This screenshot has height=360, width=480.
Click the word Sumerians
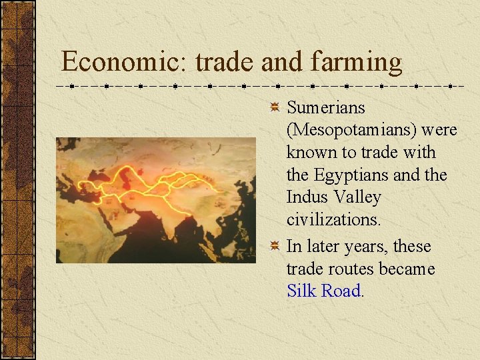[x=326, y=107]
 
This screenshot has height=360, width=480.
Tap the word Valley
[x=357, y=197]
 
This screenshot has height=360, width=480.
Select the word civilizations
[x=333, y=219]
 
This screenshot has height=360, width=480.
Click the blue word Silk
[x=301, y=291]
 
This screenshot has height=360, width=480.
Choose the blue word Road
[x=341, y=291]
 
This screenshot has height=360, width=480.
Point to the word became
[x=403, y=269]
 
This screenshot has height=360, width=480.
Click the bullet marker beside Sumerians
[x=274, y=107]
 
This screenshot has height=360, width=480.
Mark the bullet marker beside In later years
[x=274, y=247]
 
